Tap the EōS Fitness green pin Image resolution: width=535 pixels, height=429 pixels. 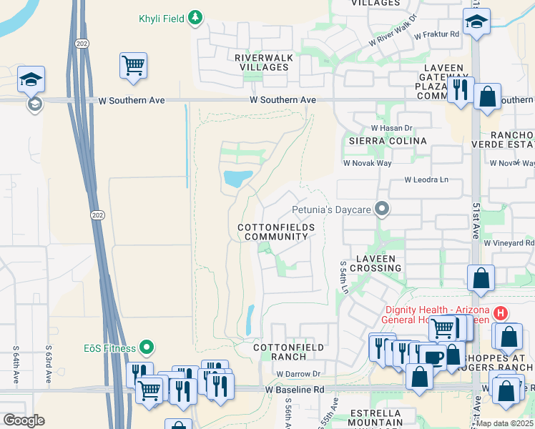coord(147,348)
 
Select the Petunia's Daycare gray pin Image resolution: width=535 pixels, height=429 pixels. coord(383,209)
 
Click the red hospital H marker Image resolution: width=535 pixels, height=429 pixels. coord(501,313)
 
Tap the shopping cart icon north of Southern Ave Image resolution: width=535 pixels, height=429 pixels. coord(134,66)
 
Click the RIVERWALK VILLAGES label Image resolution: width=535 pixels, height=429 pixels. coord(262,62)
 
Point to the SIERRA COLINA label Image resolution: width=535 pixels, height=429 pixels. coord(387,141)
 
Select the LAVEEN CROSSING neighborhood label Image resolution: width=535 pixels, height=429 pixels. coord(370,262)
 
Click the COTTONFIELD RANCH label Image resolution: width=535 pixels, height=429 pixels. coord(289,352)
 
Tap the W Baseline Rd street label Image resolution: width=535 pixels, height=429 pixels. coord(294,390)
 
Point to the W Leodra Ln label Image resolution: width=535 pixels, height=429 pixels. coord(430,180)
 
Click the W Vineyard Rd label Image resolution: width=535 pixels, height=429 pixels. coord(509,243)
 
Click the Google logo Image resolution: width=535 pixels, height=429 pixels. coord(24,420)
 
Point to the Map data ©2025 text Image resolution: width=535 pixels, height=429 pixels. coord(505,423)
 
